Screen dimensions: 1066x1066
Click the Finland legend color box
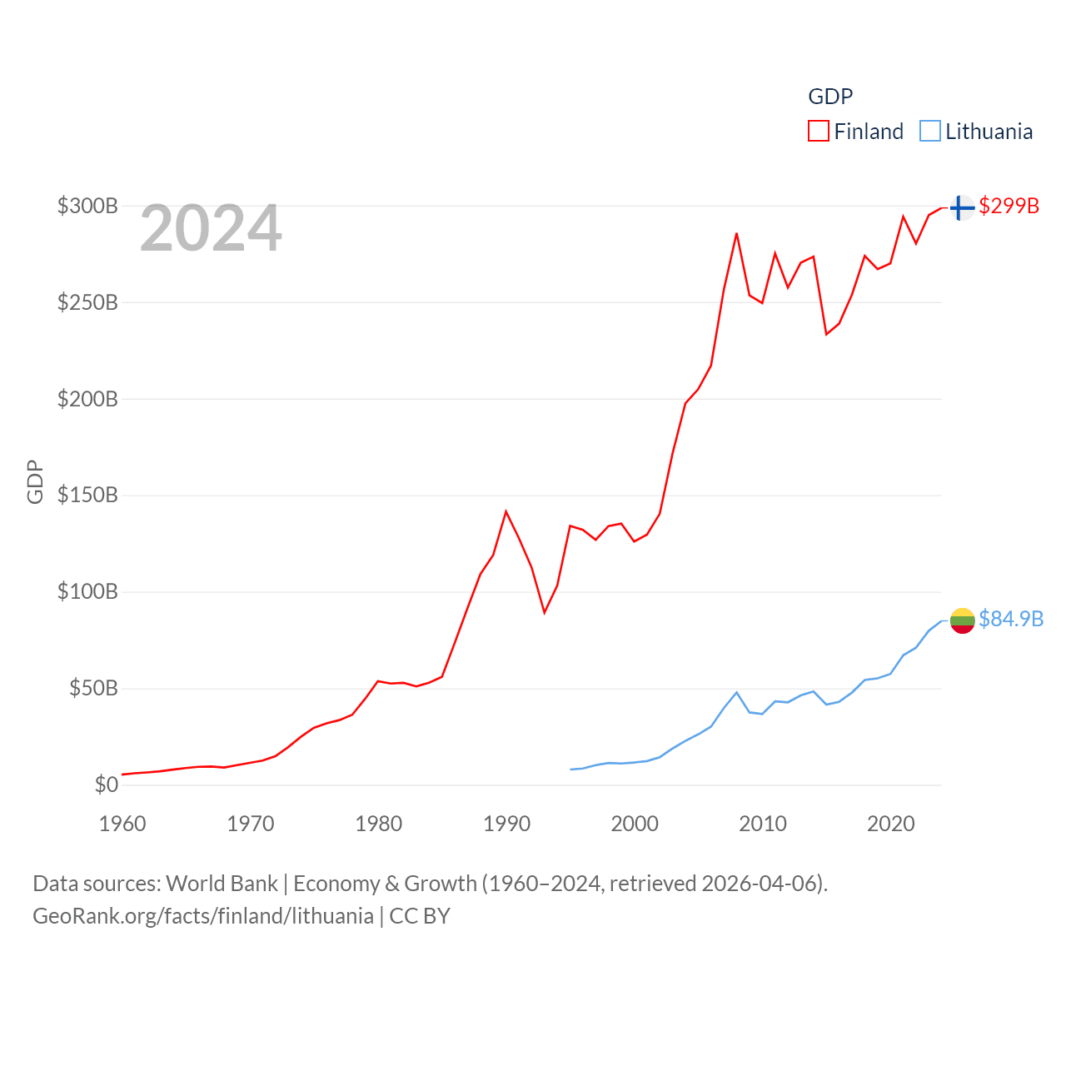pyautogui.click(x=818, y=132)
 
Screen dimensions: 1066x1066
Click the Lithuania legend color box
pyautogui.click(x=929, y=132)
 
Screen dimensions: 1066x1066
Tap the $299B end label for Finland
pyautogui.click(x=1009, y=206)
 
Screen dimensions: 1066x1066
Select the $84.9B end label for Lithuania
pyautogui.click(x=1010, y=619)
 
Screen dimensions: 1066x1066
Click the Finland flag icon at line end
pyautogui.click(x=962, y=207)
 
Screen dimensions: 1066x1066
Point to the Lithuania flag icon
pyautogui.click(x=962, y=620)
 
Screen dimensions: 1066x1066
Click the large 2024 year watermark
pyautogui.click(x=211, y=228)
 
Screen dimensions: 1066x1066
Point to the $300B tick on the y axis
pyautogui.click(x=87, y=206)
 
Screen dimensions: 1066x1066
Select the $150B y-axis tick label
pyautogui.click(x=87, y=496)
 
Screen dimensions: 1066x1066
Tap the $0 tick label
pyautogui.click(x=106, y=785)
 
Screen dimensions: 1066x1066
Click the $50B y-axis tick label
pyautogui.click(x=93, y=689)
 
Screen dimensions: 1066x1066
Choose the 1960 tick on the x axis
pyautogui.click(x=122, y=824)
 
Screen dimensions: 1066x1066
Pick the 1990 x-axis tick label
pyautogui.click(x=506, y=824)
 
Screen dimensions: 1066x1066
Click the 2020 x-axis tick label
pyautogui.click(x=890, y=824)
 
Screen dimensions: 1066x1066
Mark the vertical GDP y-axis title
pyautogui.click(x=35, y=481)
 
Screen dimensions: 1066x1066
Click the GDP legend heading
pyautogui.click(x=830, y=97)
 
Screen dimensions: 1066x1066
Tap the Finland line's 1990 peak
pyautogui.click(x=506, y=511)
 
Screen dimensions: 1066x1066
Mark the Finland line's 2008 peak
pyautogui.click(x=736, y=234)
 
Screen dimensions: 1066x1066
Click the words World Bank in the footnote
pyautogui.click(x=222, y=884)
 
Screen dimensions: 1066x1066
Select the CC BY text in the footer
pyautogui.click(x=420, y=916)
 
